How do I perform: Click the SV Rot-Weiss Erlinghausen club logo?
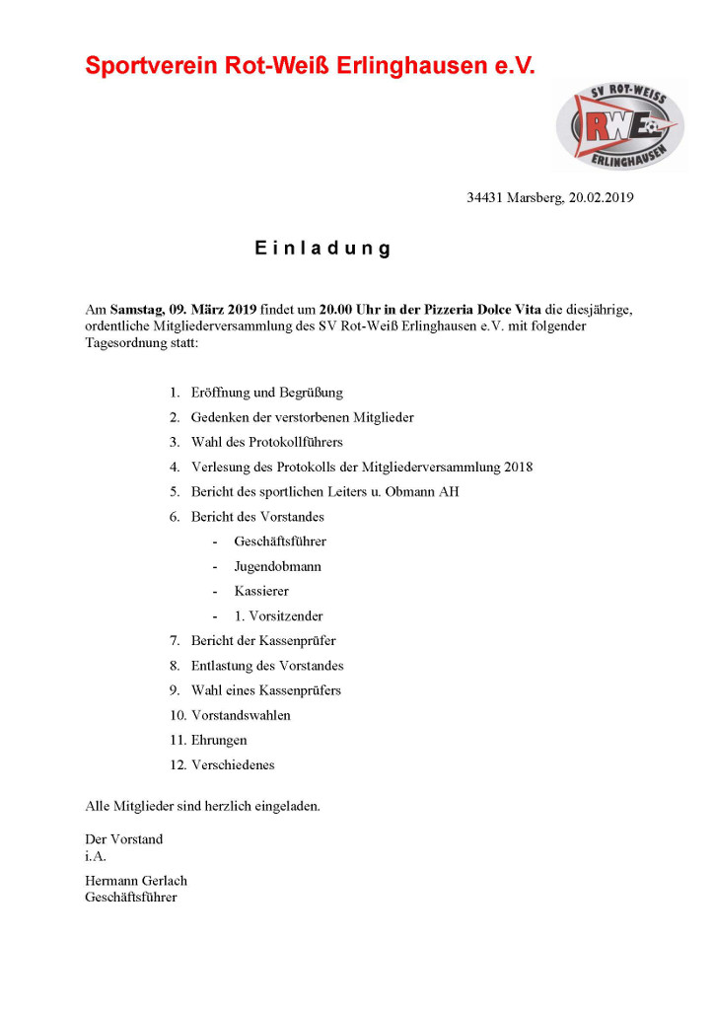(x=620, y=125)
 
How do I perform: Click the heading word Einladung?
(x=322, y=249)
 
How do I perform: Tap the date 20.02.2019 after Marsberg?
(x=601, y=197)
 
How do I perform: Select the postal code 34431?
(x=485, y=197)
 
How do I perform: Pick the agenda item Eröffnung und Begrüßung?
(x=266, y=393)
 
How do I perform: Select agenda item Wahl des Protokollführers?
(x=266, y=442)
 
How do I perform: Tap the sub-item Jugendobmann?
(x=277, y=566)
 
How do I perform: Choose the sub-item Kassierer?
(x=261, y=591)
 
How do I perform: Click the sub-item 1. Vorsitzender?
(x=278, y=615)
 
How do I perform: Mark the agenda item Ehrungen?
(x=219, y=740)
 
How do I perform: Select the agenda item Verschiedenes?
(x=233, y=764)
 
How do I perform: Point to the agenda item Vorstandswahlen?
(x=241, y=715)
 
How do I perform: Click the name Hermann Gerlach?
(x=136, y=881)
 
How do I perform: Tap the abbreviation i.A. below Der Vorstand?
(x=96, y=856)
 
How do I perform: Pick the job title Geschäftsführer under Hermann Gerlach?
(x=131, y=898)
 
